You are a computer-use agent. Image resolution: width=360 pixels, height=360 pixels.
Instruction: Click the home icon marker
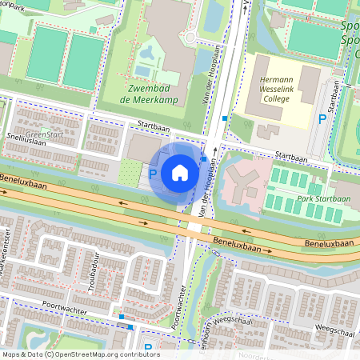180,172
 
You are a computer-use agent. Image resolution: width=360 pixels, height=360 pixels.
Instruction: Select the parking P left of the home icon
153,173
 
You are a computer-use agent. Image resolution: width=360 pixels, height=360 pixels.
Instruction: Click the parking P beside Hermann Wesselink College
322,118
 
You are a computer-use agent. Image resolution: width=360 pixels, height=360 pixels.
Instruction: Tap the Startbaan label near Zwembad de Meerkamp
154,126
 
